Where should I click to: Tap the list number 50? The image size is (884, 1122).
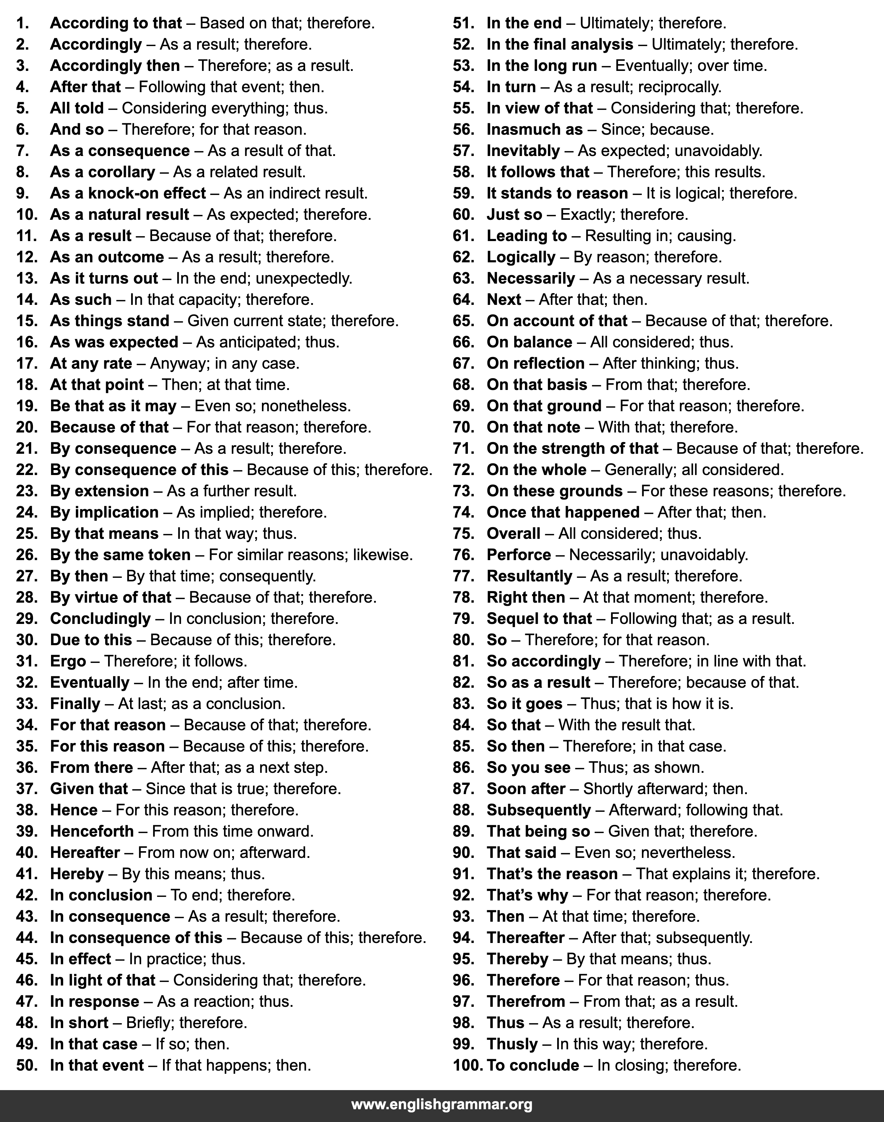click(27, 1065)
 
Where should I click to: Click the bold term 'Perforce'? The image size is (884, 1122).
click(519, 555)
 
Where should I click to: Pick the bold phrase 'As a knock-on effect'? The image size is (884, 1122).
click(128, 193)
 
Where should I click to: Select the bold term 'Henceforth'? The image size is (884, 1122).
click(91, 831)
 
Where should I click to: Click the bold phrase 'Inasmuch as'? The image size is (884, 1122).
click(534, 129)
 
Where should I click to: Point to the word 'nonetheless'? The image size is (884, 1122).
click(306, 406)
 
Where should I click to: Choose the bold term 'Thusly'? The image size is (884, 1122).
click(512, 1044)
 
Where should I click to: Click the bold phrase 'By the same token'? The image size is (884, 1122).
click(120, 555)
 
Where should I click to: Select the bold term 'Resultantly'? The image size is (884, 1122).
click(529, 576)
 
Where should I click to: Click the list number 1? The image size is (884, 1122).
click(22, 23)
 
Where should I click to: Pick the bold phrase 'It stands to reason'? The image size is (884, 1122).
click(557, 193)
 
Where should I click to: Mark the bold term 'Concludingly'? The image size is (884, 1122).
click(100, 619)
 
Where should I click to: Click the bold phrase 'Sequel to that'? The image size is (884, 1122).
click(539, 619)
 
